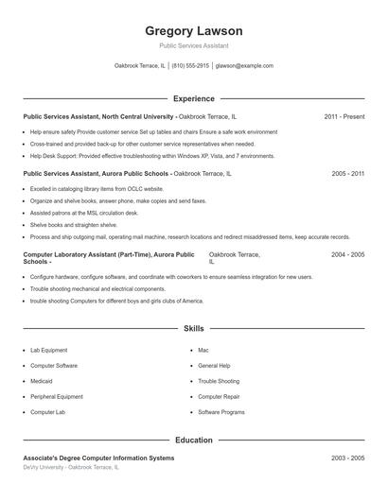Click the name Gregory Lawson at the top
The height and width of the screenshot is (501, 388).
tap(194, 30)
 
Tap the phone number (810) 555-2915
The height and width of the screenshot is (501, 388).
tap(190, 66)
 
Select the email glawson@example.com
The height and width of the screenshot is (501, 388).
tap(244, 66)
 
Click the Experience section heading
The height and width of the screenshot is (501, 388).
tap(194, 98)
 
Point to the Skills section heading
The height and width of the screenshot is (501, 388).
tap(194, 328)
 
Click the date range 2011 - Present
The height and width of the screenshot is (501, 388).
tap(344, 116)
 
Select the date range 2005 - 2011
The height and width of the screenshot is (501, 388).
tap(347, 174)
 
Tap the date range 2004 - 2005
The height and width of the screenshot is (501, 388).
tap(347, 255)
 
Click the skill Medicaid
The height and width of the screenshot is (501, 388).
tap(43, 381)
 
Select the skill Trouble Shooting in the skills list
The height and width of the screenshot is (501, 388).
tap(219, 381)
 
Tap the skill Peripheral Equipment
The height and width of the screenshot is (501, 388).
tap(57, 397)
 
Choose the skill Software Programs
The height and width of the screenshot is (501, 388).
tap(221, 412)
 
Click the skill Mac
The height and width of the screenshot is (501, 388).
tap(203, 350)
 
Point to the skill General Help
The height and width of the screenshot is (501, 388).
tap(215, 365)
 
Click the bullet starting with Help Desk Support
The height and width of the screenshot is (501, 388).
tap(152, 156)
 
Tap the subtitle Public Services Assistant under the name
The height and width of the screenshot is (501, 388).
tap(194, 45)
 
